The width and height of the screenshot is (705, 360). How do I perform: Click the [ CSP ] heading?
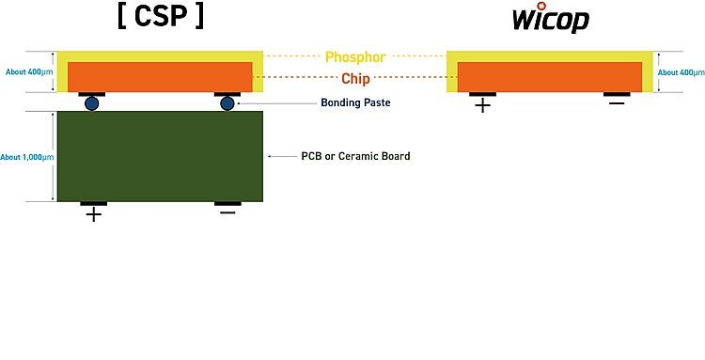(160, 20)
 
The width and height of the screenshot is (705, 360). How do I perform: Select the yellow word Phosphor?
(354, 57)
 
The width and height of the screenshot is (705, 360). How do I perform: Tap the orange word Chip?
(354, 79)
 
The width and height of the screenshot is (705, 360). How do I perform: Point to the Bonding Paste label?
(354, 102)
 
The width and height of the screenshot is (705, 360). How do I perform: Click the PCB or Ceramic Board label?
(354, 156)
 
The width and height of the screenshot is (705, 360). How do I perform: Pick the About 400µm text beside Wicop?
(681, 72)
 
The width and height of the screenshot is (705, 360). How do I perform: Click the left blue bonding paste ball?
(92, 103)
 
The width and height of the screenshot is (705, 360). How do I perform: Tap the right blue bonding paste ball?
(227, 103)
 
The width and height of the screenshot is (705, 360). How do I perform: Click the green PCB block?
(160, 156)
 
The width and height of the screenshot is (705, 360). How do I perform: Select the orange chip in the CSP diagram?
(160, 76)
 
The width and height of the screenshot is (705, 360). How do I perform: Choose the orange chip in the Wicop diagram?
(549, 76)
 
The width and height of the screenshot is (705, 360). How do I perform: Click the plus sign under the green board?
(93, 215)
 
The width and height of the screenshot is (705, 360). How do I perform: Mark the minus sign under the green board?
(227, 214)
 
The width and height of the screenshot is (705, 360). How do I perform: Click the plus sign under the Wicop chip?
(482, 105)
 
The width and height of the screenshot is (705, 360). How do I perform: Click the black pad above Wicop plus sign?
(482, 94)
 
